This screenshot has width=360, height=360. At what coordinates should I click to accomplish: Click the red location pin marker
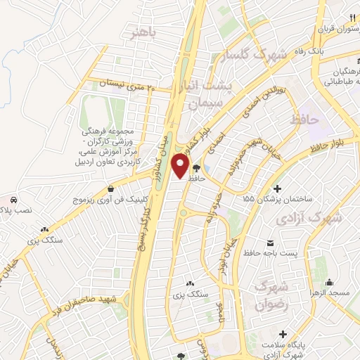181,167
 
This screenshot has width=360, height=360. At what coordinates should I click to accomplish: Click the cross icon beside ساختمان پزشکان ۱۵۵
278,188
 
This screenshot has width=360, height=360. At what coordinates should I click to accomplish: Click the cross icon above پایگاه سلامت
283,333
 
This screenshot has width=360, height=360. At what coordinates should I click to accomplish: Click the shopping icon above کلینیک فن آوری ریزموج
112,188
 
